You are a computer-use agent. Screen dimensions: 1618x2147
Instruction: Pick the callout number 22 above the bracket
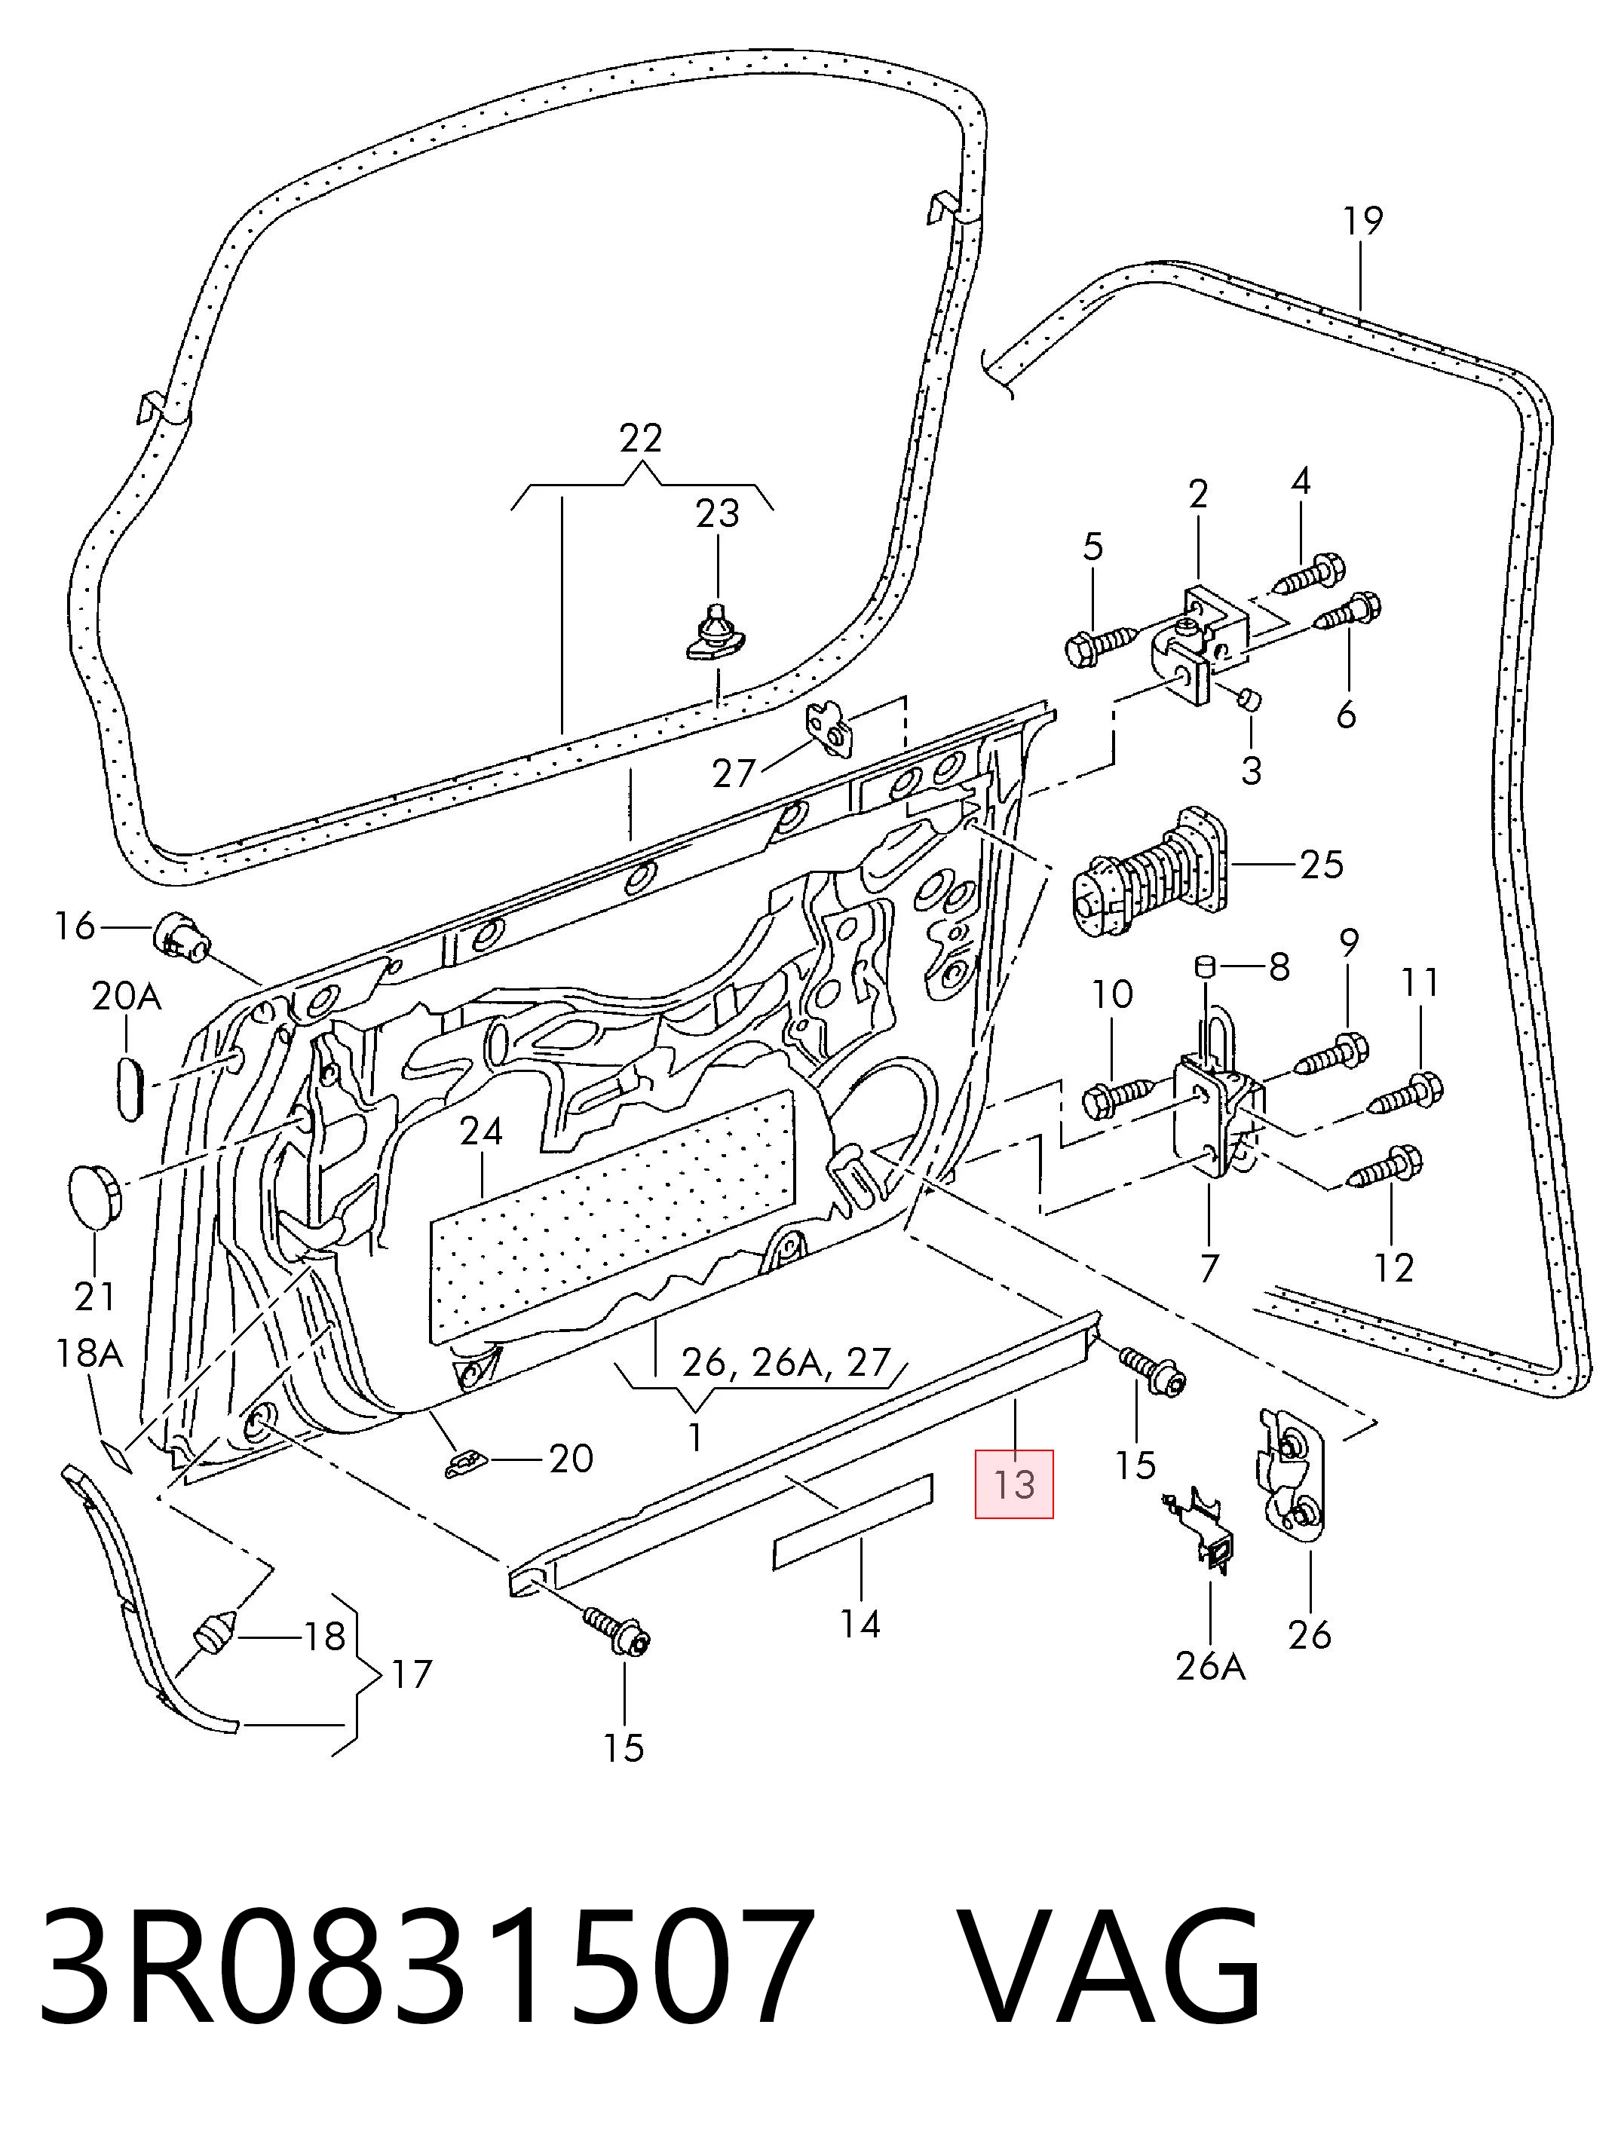pos(641,439)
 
